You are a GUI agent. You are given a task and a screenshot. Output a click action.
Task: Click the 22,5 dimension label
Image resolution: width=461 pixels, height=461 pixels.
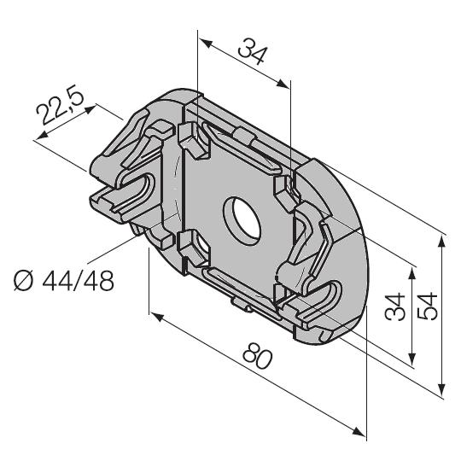(60, 104)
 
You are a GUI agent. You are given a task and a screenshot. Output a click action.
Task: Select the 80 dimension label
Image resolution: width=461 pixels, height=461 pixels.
(258, 356)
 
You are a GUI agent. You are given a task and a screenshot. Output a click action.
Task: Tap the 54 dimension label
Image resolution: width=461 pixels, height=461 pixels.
(428, 306)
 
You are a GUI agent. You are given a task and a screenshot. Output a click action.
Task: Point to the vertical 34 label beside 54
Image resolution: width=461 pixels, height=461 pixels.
(395, 306)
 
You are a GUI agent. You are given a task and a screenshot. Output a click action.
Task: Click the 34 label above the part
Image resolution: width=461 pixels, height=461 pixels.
(253, 51)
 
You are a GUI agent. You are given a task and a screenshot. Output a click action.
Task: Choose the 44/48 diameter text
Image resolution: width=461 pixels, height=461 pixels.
(79, 281)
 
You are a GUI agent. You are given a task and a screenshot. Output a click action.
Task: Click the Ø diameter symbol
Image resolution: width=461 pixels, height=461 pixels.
(23, 281)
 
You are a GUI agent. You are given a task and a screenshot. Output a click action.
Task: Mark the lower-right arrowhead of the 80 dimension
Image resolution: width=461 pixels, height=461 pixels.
(359, 432)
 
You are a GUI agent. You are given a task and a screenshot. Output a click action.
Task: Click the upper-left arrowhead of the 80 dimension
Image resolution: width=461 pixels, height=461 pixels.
(157, 317)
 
